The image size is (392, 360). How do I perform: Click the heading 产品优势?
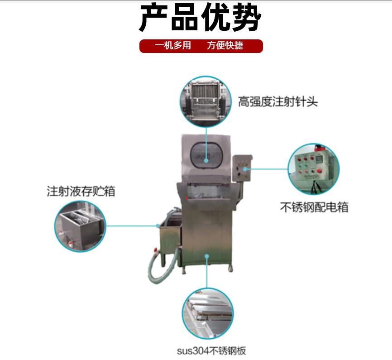click(x=200, y=18)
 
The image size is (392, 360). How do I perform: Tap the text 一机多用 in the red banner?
click(x=173, y=46)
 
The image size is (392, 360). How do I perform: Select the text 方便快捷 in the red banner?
click(x=225, y=46)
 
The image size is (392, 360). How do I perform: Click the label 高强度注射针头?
click(x=278, y=102)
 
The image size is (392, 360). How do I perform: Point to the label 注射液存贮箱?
click(x=81, y=192)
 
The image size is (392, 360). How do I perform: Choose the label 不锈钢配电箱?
click(x=314, y=207)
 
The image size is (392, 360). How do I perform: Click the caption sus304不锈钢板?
click(x=211, y=351)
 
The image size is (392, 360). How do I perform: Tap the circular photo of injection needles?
click(x=206, y=101)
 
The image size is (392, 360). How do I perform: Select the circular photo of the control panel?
click(x=314, y=169)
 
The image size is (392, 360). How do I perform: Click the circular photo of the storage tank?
click(x=80, y=226)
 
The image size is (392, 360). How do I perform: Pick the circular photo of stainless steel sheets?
click(x=208, y=313)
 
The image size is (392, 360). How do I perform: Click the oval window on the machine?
click(x=206, y=155)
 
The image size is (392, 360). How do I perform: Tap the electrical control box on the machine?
click(x=242, y=168)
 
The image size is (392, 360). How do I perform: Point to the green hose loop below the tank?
click(x=163, y=268)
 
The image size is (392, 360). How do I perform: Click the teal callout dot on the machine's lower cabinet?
click(x=207, y=256)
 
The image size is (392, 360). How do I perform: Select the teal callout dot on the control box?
click(x=245, y=169)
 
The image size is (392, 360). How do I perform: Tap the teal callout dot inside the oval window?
click(x=206, y=161)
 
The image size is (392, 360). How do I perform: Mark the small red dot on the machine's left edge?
click(x=186, y=198)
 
